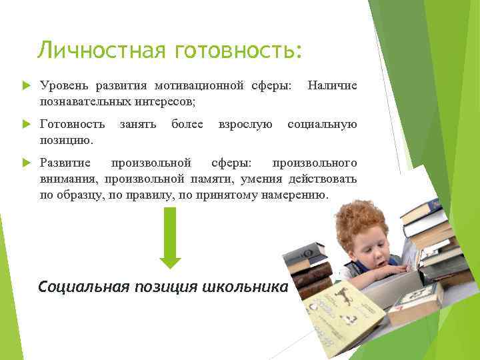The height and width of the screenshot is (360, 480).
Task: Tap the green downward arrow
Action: tap(170, 237)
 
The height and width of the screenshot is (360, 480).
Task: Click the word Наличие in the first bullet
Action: tap(331, 86)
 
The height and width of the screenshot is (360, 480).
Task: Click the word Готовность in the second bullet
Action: tap(72, 125)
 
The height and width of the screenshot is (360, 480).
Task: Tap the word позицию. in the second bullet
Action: tap(67, 139)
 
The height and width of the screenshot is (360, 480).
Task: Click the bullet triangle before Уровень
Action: tap(26, 87)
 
